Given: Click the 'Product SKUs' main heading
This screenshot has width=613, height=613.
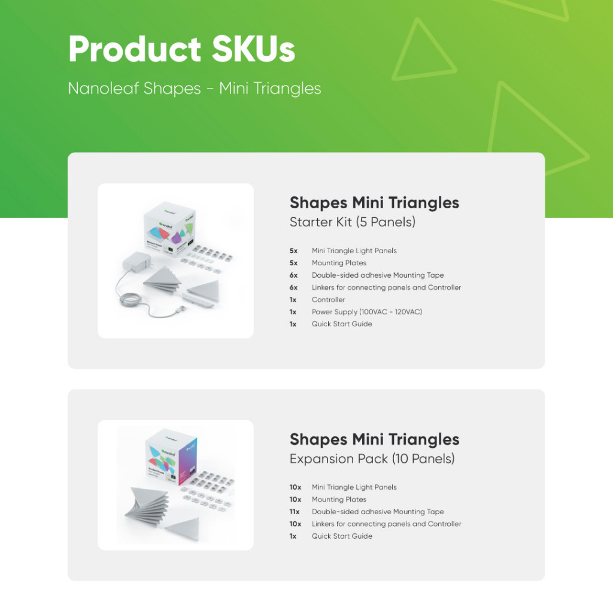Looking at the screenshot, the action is click(181, 49).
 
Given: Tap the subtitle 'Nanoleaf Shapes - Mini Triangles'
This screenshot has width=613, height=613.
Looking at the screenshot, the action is click(195, 89).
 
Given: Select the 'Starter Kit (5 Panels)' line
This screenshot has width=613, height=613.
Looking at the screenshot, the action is click(352, 222).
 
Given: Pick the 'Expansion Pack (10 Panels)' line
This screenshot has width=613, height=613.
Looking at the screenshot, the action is click(372, 459).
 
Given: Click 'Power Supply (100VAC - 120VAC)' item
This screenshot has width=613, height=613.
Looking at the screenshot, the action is click(367, 311).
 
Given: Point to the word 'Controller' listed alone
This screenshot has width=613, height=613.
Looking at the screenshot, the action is click(329, 299).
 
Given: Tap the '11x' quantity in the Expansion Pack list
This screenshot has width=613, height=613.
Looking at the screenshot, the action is click(295, 511).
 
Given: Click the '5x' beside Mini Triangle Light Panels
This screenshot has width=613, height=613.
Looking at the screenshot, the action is click(293, 251).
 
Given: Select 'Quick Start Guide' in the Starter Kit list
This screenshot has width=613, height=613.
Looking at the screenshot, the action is click(342, 324).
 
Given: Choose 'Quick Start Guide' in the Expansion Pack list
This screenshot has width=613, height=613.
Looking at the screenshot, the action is click(342, 536).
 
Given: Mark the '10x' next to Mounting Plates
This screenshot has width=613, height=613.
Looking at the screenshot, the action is click(295, 499).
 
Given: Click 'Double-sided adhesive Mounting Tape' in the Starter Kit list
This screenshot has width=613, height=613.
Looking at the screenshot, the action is click(378, 275).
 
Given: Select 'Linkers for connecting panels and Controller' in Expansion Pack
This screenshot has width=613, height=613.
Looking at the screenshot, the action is click(386, 524).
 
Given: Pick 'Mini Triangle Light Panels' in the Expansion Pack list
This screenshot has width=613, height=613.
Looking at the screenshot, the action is click(354, 487).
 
